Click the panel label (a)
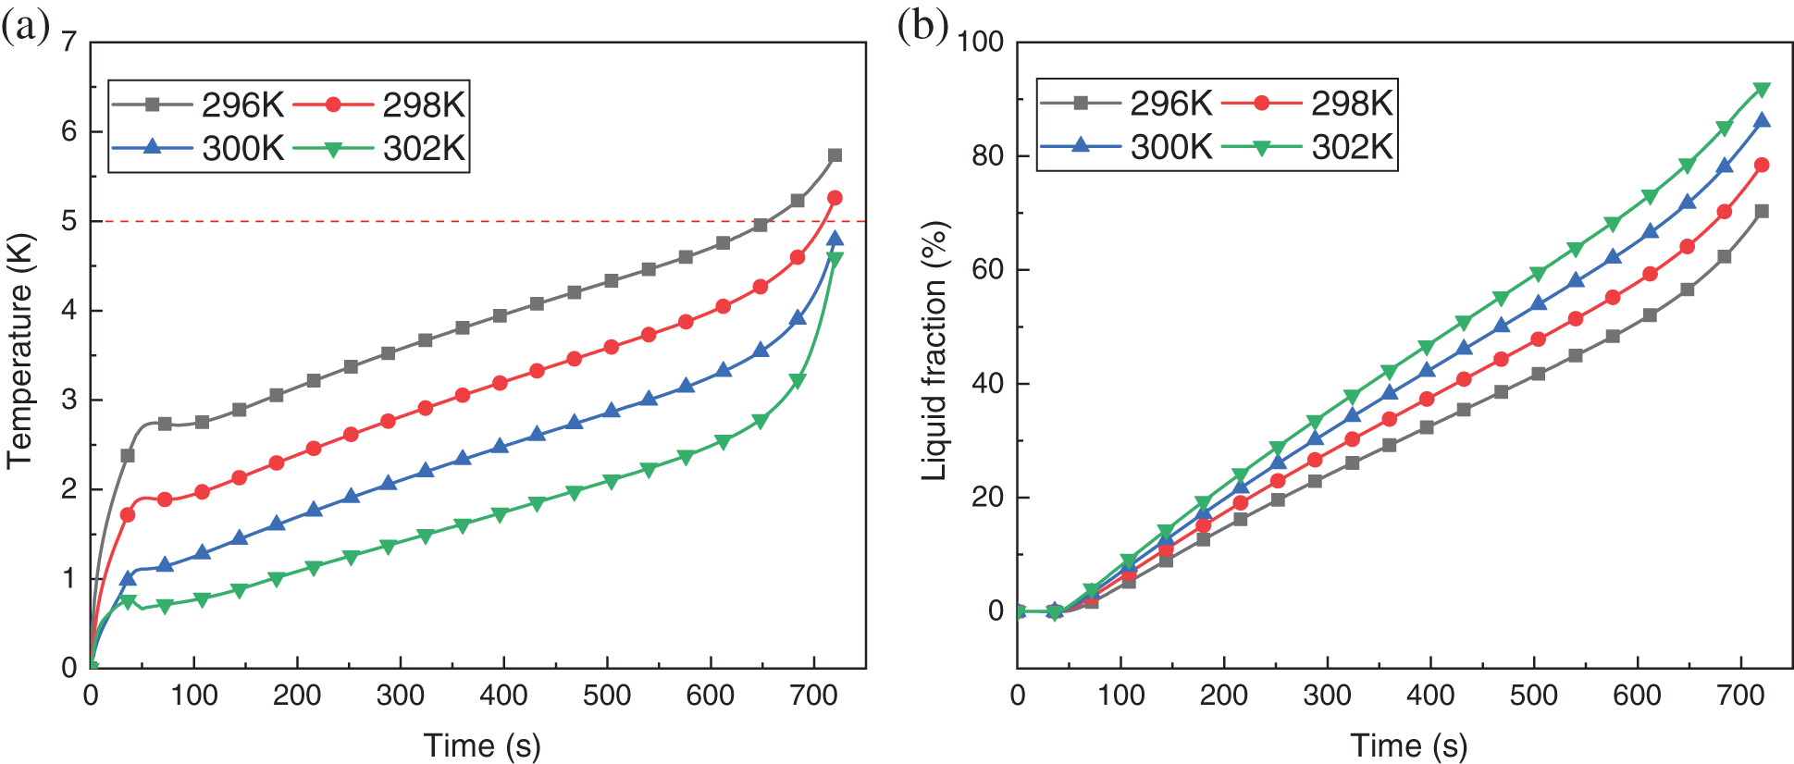pyautogui.click(x=25, y=28)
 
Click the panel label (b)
pyautogui.click(x=922, y=28)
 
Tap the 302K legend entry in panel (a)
pyautogui.click(x=379, y=148)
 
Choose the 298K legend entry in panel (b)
pyautogui.click(x=1307, y=103)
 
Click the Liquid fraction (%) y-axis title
pyautogui.click(x=935, y=351)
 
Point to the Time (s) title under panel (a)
pyautogui.click(x=482, y=745)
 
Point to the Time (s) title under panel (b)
pyautogui.click(x=1409, y=745)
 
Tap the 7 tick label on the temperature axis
pyautogui.click(x=69, y=42)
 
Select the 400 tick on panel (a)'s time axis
pyautogui.click(x=503, y=696)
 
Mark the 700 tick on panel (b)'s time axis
pyautogui.click(x=1740, y=696)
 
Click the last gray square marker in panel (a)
pyautogui.click(x=835, y=155)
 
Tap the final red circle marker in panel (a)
pyautogui.click(x=835, y=198)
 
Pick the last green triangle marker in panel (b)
pyautogui.click(x=1762, y=90)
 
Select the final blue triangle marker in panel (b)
pyautogui.click(x=1762, y=120)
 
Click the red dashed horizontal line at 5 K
pyautogui.click(x=463, y=221)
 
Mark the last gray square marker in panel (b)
pyautogui.click(x=1762, y=212)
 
